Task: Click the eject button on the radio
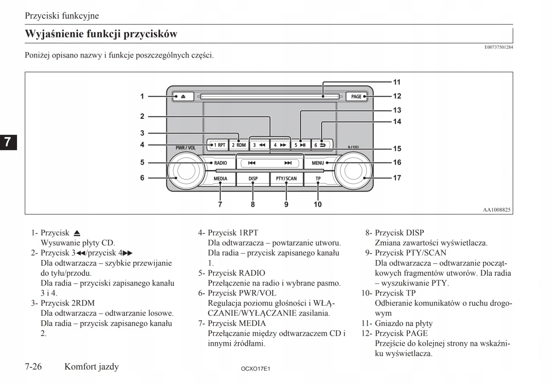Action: tap(183, 97)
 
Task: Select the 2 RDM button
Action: tap(239, 145)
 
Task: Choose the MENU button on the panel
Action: tap(318, 163)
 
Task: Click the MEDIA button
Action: tap(220, 179)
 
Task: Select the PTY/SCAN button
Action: tap(286, 179)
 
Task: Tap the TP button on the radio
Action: tap(318, 179)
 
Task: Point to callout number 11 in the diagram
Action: tap(397, 82)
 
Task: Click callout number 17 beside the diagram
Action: tap(397, 178)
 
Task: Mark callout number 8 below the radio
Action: tap(253, 204)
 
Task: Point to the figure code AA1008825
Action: tap(496, 209)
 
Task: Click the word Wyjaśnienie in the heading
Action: tap(56, 34)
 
